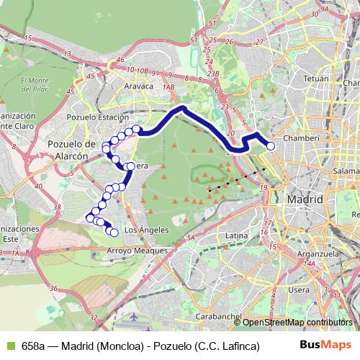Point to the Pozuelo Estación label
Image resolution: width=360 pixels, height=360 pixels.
coord(97,116)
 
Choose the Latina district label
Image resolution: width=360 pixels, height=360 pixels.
coord(236,235)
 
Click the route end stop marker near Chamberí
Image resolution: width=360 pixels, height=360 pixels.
coord(271,146)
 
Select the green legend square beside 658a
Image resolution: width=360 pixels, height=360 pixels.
coord(9,346)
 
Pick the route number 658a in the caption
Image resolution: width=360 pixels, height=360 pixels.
coord(33,346)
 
